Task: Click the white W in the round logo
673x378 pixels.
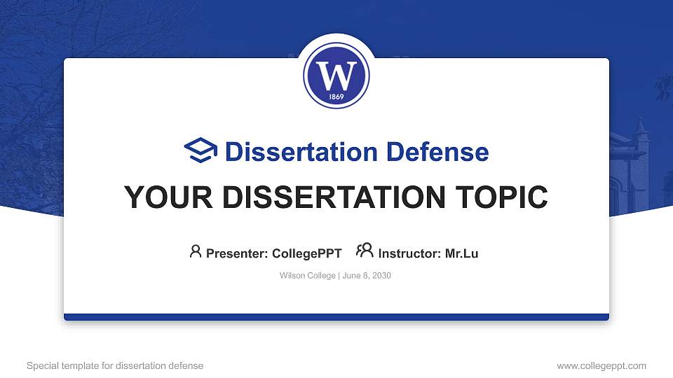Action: pyautogui.click(x=336, y=73)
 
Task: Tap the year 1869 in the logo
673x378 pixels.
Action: pyautogui.click(x=336, y=96)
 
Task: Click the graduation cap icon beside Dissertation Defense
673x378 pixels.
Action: pyautogui.click(x=200, y=150)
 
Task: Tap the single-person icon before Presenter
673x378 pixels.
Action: pyautogui.click(x=196, y=251)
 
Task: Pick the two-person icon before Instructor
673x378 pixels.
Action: pyautogui.click(x=365, y=251)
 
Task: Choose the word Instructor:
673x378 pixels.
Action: pyautogui.click(x=410, y=253)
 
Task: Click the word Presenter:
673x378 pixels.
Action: pyautogui.click(x=236, y=253)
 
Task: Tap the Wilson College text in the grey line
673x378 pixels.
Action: pyautogui.click(x=307, y=276)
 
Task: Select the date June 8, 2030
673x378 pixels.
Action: pyautogui.click(x=367, y=276)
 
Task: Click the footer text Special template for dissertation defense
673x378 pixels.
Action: pyautogui.click(x=115, y=365)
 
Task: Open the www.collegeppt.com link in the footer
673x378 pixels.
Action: pyautogui.click(x=601, y=365)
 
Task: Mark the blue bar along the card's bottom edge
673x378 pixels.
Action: pyautogui.click(x=336, y=317)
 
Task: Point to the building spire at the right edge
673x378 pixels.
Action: pyautogui.click(x=640, y=129)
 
